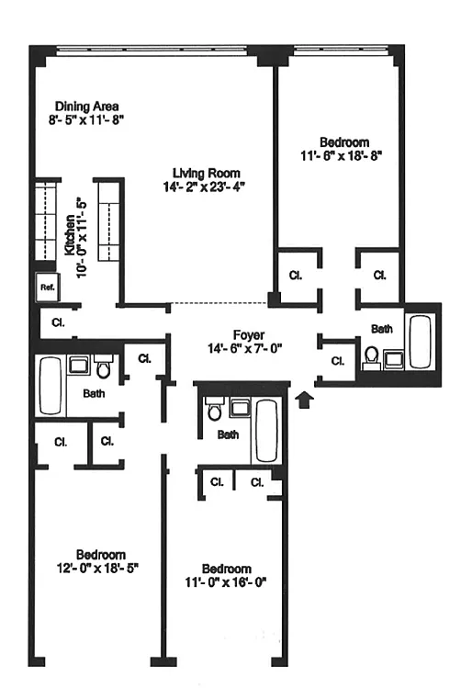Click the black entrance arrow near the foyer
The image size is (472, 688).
305,400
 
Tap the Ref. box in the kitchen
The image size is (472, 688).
47,288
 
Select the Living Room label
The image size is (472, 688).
207,173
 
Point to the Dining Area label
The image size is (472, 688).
86,107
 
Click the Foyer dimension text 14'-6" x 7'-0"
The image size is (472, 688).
245,348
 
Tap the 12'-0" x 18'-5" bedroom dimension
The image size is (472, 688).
98,569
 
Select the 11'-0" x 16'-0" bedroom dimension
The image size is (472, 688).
226,582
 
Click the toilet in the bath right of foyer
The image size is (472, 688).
371,357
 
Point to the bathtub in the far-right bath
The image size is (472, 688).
420,342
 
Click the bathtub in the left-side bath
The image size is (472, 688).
50,386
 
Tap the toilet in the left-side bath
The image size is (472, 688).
104,367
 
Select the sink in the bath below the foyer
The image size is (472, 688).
239,407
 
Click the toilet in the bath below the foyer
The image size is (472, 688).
215,409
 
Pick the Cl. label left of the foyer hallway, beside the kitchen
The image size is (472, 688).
59,322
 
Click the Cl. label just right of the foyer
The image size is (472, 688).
338,361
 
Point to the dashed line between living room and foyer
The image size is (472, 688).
219,303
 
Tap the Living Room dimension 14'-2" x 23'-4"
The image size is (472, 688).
204,186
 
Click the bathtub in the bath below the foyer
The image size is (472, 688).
266,431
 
